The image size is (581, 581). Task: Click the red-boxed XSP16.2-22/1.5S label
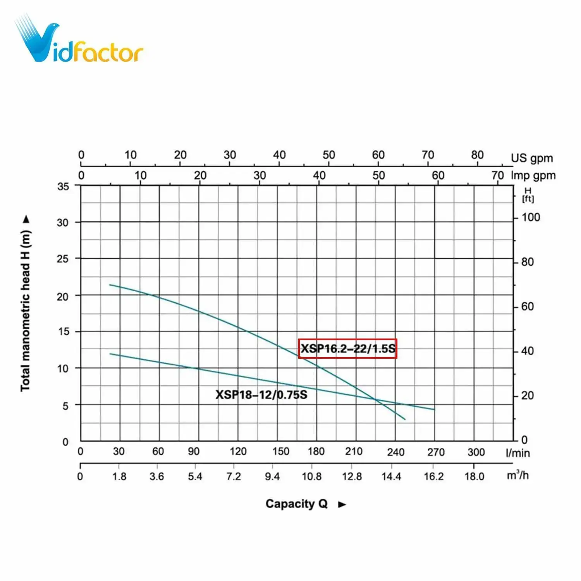pos(348,349)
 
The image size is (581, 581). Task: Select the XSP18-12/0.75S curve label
pos(261,395)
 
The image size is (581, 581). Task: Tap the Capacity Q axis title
pos(297,504)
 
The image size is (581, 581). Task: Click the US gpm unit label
pos(532,158)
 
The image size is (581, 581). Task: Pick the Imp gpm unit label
pos(533,175)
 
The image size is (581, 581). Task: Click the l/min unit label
pos(517,453)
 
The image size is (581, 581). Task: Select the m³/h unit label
pos(517,475)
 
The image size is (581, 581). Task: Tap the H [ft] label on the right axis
pos(528,195)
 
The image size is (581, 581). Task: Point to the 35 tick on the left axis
pos(63,186)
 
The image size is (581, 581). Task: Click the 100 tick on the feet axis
pos(531,217)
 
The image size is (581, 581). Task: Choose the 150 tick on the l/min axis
pos(280,452)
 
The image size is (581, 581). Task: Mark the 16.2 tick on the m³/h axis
pos(434,476)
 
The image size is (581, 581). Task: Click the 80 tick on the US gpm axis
pos(477,155)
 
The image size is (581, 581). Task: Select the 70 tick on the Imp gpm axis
pos(498,175)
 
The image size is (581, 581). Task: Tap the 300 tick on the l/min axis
pos(476,452)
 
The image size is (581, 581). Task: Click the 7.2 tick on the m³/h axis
pos(234,476)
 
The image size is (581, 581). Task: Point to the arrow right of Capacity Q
pos(342,504)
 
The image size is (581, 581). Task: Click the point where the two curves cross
pos(375,399)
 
